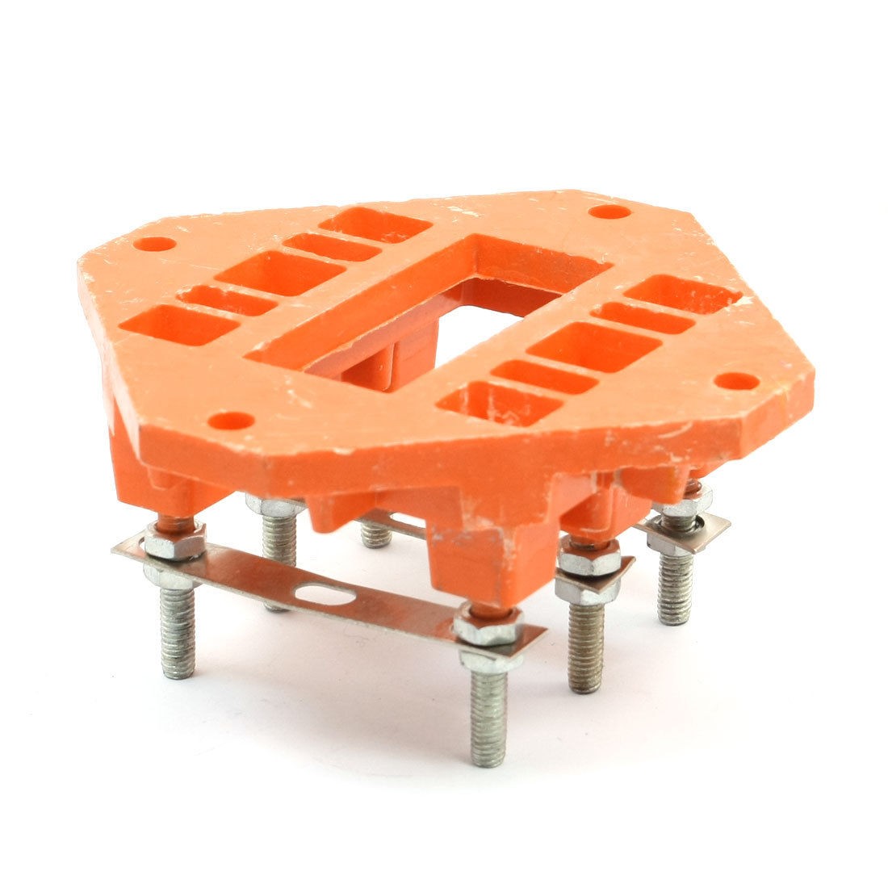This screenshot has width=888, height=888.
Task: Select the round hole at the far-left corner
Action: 154,244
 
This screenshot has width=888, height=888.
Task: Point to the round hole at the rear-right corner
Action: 609,212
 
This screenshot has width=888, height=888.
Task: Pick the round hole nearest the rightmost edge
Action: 736,380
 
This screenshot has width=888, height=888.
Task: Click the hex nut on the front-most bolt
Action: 488,626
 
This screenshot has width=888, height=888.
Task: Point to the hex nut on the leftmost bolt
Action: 174,542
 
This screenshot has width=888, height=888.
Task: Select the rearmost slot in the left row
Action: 375,225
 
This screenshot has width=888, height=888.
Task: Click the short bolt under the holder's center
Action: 376,534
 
